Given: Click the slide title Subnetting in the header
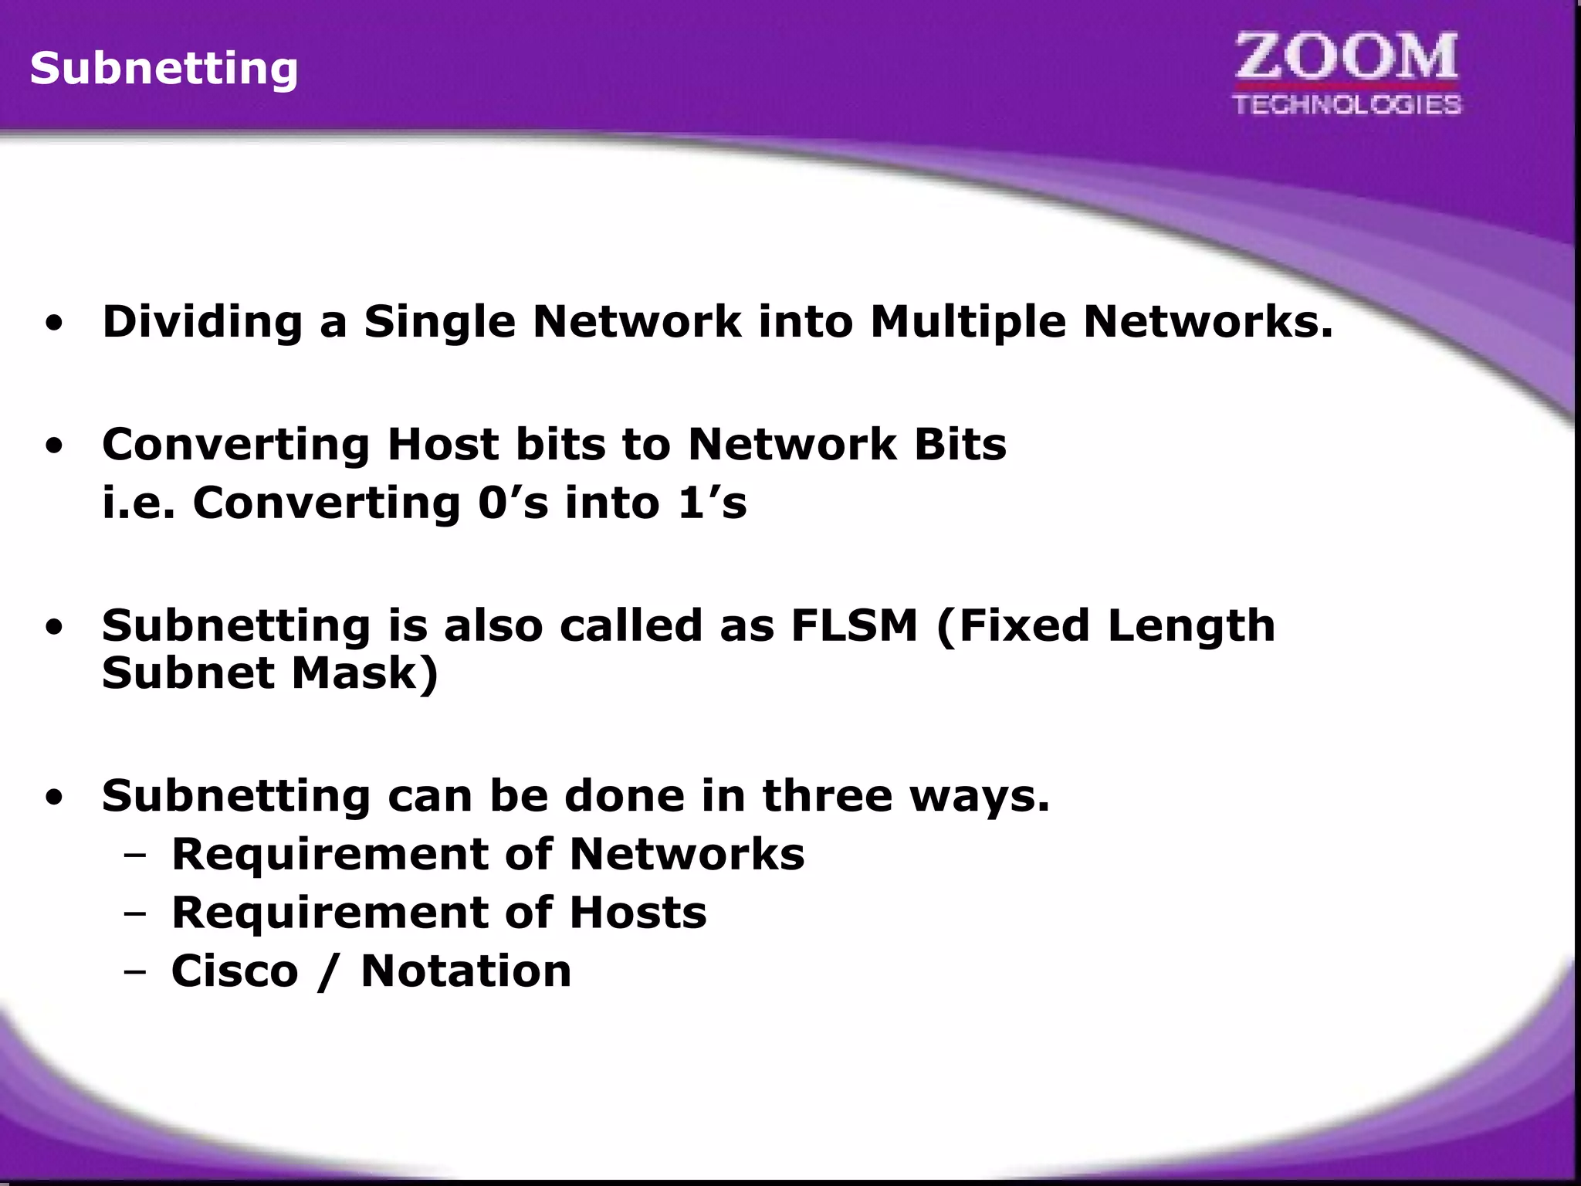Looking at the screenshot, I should [x=164, y=68].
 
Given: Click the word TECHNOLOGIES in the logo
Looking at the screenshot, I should [x=1347, y=104].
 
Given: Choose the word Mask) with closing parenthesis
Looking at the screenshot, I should [x=364, y=673].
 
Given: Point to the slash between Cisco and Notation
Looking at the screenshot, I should [x=329, y=971].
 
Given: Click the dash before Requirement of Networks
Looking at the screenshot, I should [x=134, y=855].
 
